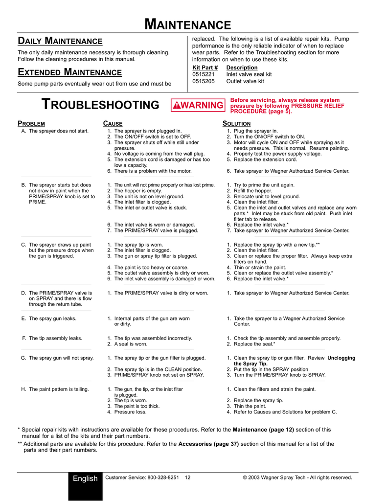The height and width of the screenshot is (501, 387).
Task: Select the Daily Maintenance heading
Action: [60, 41]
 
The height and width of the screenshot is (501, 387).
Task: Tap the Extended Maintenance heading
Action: [69, 73]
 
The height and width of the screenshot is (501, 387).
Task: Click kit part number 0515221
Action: [204, 74]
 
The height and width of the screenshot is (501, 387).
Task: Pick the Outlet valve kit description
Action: [245, 81]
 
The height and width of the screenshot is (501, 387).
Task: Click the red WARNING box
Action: [198, 105]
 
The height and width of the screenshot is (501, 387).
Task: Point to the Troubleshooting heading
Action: [100, 105]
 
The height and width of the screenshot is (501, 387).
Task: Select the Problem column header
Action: [31, 124]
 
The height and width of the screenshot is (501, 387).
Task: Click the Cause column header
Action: [113, 124]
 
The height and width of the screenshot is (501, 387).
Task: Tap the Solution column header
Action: [236, 124]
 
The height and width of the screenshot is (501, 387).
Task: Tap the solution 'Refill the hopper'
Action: [252, 191]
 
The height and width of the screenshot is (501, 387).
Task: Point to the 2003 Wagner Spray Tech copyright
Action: [297, 478]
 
